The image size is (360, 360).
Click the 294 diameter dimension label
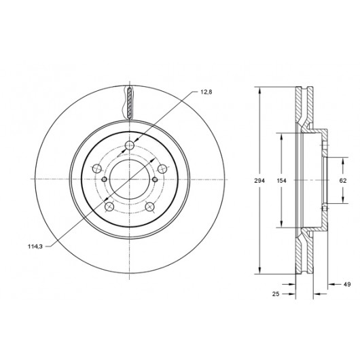[x=259, y=181]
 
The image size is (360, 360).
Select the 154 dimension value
[x=281, y=181]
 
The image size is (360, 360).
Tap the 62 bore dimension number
[x=343, y=181]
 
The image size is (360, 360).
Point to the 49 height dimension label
[x=347, y=284]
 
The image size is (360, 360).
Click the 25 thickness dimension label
[x=276, y=293]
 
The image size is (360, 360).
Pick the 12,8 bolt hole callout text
[x=206, y=92]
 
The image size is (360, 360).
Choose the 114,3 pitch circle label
[x=35, y=247]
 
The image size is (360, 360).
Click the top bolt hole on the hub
[x=130, y=145]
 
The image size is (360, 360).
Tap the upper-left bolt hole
[x=96, y=168]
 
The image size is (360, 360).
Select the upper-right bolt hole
[x=162, y=168]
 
